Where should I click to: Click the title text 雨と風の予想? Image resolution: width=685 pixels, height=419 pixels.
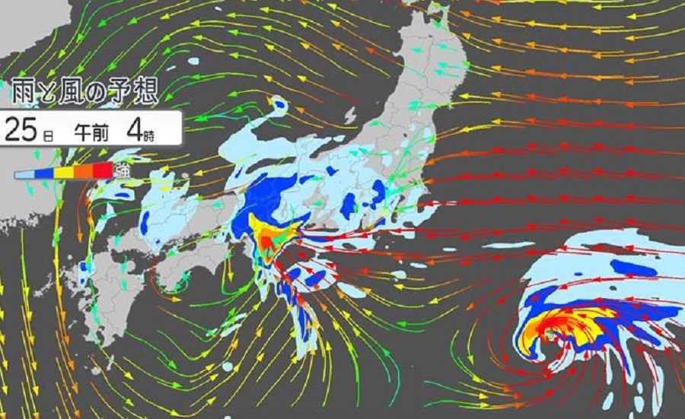(x=84, y=93)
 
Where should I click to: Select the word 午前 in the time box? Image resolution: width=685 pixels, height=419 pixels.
(x=91, y=131)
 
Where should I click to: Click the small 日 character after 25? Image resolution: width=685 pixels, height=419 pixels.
(x=47, y=135)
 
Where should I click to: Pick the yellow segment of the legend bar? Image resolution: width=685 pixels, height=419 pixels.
(x=64, y=174)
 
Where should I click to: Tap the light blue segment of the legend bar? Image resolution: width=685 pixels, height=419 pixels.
(x=26, y=174)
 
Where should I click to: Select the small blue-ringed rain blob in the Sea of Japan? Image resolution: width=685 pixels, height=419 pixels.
(x=279, y=106)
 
